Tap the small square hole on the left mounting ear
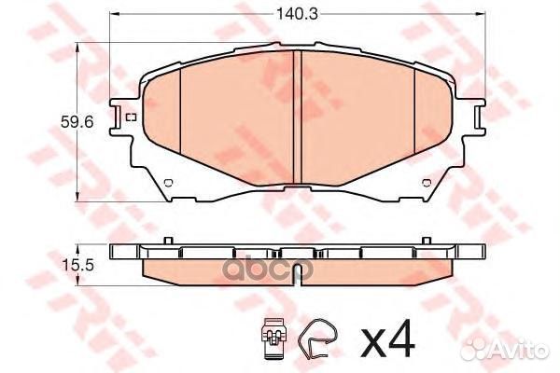click(130, 117)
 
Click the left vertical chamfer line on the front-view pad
click(178, 121)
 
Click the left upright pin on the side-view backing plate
click(165, 243)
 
